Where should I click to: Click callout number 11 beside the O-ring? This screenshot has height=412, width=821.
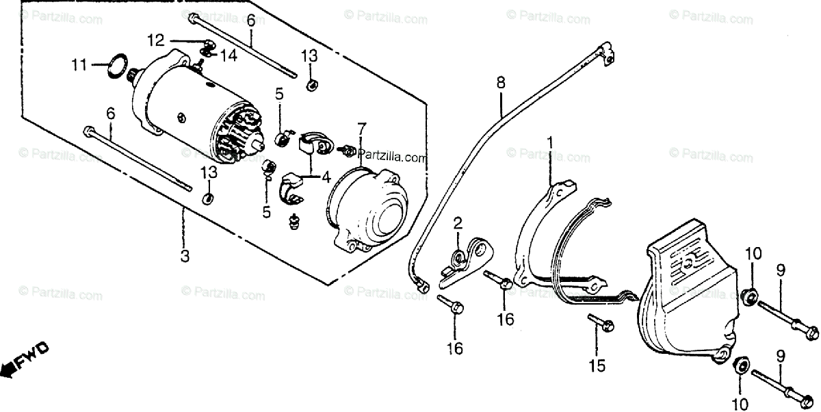point(80,66)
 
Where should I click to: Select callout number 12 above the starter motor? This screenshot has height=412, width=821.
point(155,40)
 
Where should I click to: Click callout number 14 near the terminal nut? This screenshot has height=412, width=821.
point(229,56)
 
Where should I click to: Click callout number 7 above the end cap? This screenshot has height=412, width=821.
point(361,128)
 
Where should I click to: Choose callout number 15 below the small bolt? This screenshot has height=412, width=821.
point(597,366)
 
